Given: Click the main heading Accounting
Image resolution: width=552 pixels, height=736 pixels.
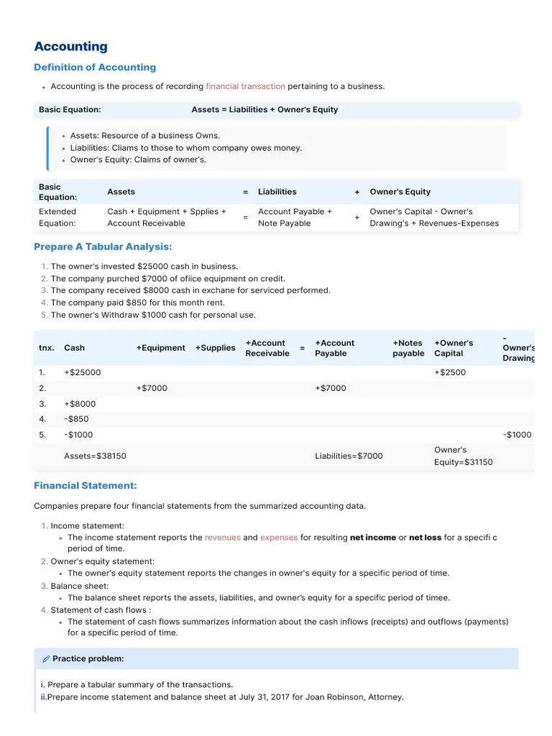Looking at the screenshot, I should [x=70, y=47].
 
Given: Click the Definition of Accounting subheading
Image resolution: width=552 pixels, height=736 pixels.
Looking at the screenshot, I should [x=95, y=68].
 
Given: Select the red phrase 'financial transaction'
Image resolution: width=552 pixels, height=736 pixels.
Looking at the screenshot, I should [x=245, y=86].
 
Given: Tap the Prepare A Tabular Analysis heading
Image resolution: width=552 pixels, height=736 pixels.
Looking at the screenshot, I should [x=103, y=247].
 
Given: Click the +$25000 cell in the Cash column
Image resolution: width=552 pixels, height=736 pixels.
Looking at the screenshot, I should [x=82, y=372].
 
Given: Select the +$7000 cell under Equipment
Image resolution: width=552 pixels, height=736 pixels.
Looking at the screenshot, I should [x=152, y=388].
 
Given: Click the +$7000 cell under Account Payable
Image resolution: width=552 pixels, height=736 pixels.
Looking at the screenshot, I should [x=330, y=388].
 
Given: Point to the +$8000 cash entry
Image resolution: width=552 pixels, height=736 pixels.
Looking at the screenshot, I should [x=79, y=404].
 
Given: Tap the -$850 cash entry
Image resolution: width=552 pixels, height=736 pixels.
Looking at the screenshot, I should [x=76, y=419].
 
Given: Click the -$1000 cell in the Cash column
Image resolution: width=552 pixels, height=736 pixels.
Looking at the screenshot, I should [x=78, y=435].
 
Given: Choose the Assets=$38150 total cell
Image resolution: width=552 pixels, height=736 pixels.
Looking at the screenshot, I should [x=95, y=456].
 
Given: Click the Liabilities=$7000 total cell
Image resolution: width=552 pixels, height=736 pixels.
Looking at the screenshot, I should [x=349, y=456].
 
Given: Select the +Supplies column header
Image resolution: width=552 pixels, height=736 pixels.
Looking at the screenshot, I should [x=215, y=348].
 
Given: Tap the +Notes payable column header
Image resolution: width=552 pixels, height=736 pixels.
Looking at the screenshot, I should [x=408, y=349].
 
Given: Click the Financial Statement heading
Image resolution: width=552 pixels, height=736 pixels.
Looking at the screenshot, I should [x=86, y=486].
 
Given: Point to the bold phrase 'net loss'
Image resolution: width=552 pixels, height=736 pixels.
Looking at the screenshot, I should [x=425, y=538].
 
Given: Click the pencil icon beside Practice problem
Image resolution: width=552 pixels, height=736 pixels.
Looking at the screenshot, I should [x=46, y=659].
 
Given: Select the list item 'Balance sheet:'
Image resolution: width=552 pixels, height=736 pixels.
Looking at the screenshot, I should [x=79, y=586].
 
